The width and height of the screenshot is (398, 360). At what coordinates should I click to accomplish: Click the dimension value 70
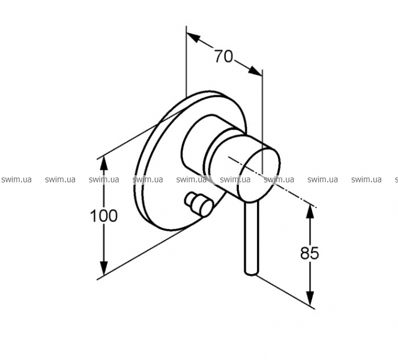pos(223,56)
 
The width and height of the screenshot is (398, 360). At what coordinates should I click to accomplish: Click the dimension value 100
pos(104,216)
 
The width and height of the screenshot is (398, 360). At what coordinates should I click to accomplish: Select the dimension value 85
pos(309,253)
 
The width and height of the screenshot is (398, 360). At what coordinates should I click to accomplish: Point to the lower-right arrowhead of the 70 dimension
pos(255,71)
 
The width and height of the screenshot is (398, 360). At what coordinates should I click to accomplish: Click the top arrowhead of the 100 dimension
pos(104,163)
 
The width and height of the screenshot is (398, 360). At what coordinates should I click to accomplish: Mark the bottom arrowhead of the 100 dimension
pos(104,268)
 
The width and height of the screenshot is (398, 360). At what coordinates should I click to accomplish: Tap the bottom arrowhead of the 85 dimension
pos(310,298)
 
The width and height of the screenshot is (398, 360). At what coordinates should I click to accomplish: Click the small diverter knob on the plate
pos(199,204)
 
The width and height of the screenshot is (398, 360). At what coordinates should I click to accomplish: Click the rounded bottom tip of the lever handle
pos(252,272)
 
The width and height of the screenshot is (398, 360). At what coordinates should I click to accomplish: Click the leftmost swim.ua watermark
pos(16,179)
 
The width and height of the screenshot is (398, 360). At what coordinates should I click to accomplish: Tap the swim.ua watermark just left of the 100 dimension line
pos(60,179)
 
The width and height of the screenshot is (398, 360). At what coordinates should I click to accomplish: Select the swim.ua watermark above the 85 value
pos(322,179)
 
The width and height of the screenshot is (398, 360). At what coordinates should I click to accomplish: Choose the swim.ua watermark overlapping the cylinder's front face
pos(279,179)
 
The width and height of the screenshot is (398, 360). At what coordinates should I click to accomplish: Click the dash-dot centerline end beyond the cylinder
pos(316,208)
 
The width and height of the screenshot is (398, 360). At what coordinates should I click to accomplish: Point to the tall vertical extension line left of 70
pos(186,61)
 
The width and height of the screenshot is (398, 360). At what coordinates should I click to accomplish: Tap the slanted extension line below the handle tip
pos(286,292)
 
